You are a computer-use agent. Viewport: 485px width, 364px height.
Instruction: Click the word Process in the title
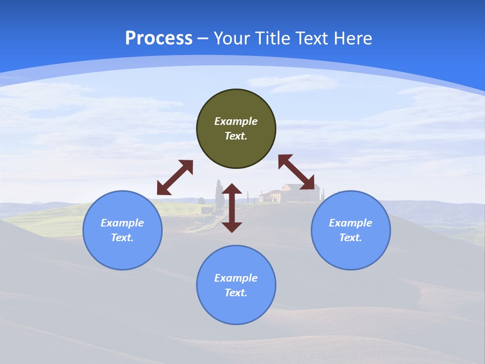[159, 38]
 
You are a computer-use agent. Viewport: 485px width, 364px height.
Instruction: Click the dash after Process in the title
[203, 39]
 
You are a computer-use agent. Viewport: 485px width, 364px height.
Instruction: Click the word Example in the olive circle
[236, 121]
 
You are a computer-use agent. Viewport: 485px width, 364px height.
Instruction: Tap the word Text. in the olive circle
[236, 136]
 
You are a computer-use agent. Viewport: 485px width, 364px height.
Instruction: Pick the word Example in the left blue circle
[122, 223]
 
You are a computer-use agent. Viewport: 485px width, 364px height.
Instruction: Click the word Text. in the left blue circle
[122, 238]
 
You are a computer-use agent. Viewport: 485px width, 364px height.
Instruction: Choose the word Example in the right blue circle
[351, 223]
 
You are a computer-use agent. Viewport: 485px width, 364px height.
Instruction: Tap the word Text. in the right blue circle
[351, 238]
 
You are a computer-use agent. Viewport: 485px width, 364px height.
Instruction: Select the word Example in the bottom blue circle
[236, 278]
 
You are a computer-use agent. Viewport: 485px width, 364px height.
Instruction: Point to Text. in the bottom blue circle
[236, 293]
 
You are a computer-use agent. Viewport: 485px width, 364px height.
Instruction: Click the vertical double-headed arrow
[232, 208]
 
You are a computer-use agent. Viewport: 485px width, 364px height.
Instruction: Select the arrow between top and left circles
[175, 177]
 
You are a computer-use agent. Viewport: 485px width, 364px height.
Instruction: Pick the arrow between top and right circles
[297, 172]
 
